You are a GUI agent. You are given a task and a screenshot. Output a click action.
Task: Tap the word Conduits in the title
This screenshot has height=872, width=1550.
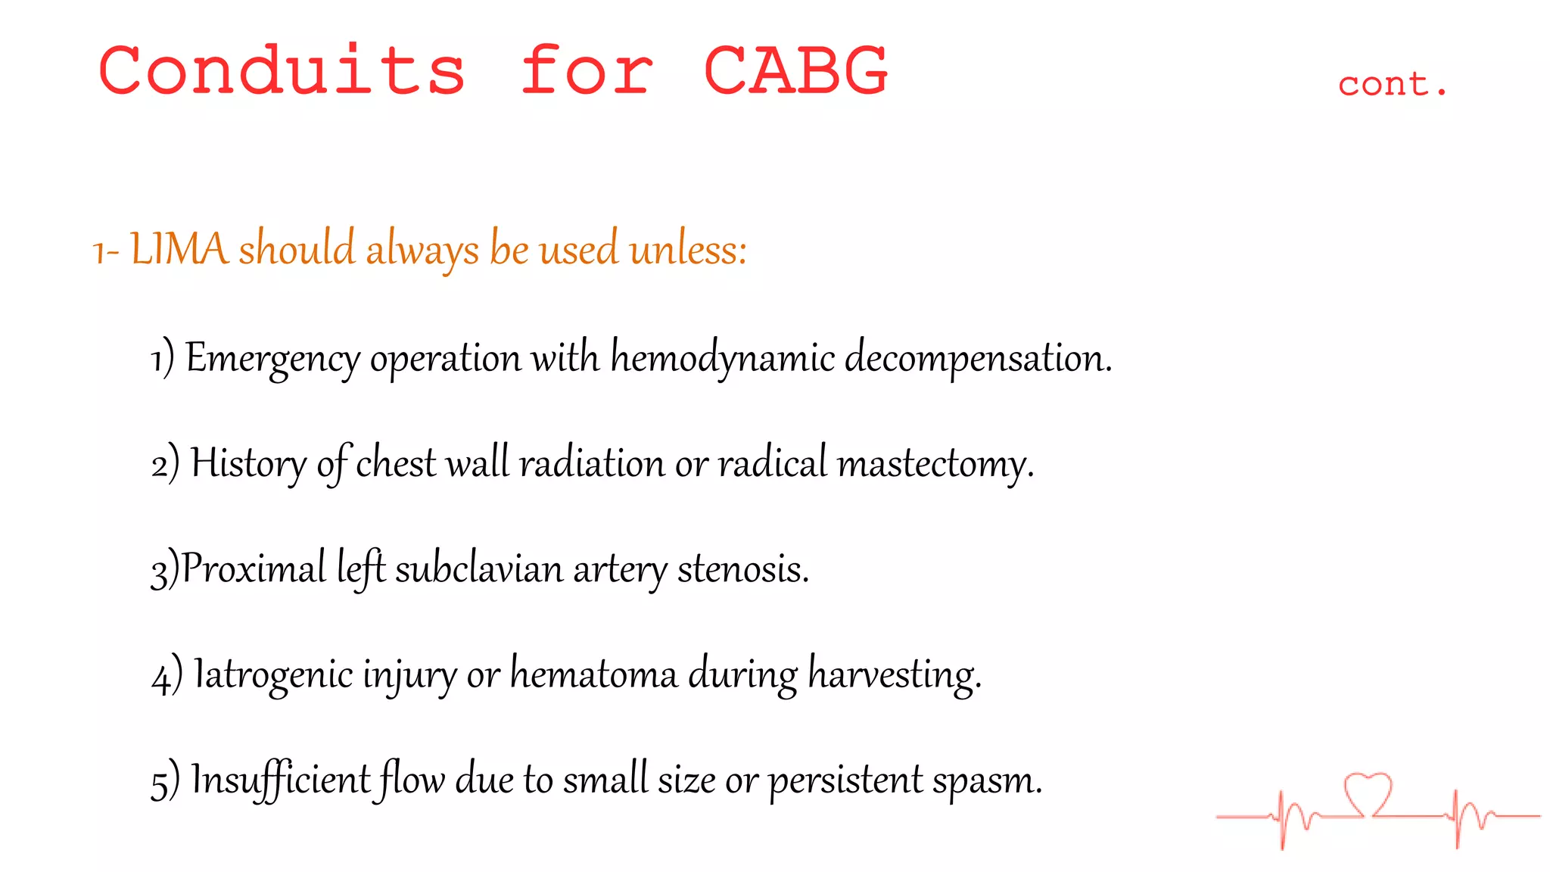[x=282, y=70]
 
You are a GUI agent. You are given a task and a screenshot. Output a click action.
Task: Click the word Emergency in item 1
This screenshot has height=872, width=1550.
[x=272, y=358]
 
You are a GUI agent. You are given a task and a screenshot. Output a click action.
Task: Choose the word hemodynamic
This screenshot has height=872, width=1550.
[x=722, y=358]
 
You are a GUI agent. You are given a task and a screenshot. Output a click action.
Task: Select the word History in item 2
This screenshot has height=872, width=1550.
[x=248, y=463]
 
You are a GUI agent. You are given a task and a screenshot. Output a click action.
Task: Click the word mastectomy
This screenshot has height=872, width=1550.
[x=935, y=463]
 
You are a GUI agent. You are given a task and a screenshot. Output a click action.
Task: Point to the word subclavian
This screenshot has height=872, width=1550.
[x=479, y=568]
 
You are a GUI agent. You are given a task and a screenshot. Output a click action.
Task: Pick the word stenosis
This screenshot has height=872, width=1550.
[x=742, y=568]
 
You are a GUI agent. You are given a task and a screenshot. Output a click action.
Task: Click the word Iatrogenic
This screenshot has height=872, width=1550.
[x=273, y=674]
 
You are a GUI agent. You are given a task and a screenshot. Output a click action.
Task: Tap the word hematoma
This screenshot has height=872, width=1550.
[x=593, y=674]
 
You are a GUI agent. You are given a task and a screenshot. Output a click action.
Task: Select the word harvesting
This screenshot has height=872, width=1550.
[x=894, y=674]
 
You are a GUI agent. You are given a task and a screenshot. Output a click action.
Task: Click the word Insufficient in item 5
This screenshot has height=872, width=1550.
[x=281, y=779]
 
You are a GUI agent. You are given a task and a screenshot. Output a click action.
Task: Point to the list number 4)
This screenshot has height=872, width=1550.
[x=167, y=675]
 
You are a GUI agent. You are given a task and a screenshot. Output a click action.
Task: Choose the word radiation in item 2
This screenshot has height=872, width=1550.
[x=591, y=463]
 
